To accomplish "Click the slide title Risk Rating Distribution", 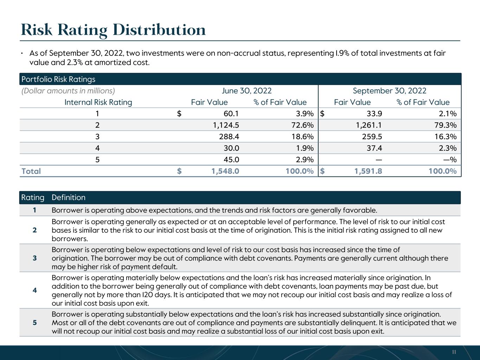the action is (x=113, y=30).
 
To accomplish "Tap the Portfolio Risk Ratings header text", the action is (x=58, y=79).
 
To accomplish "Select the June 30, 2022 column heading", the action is (x=247, y=91).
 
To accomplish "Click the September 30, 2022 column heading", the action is (x=390, y=91).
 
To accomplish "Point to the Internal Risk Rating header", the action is (x=98, y=102).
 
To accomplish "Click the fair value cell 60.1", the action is (x=231, y=114).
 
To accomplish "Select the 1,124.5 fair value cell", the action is (x=226, y=125).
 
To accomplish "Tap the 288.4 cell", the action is (x=229, y=137).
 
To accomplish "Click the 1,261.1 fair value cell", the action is (x=369, y=125).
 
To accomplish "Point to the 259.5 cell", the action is (x=372, y=137).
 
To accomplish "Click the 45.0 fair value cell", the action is (x=231, y=160).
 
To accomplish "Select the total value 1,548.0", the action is (x=225, y=171).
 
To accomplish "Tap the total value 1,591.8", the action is (x=368, y=171).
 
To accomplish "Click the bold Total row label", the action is (x=31, y=171).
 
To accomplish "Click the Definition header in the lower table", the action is (x=69, y=197).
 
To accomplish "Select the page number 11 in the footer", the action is (x=454, y=352).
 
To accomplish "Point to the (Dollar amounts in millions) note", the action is (x=68, y=91).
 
